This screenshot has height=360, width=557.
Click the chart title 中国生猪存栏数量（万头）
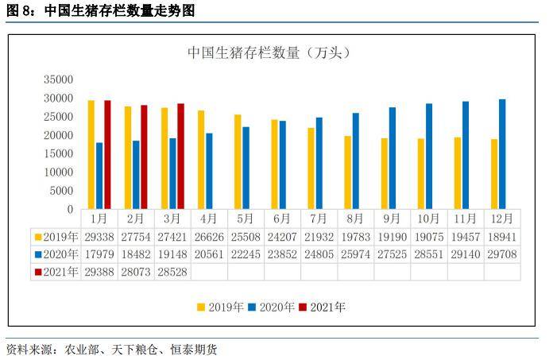tap(269, 53)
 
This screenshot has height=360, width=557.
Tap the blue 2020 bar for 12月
tap(502, 154)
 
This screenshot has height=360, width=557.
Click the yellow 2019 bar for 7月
tap(311, 168)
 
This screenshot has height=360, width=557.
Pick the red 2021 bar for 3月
tap(180, 156)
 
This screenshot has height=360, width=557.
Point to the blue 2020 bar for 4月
tap(209, 171)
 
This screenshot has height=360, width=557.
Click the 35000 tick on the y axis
tap(59, 79)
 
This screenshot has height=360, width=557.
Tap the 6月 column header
tap(281, 218)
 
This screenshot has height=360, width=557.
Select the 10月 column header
tap(428, 218)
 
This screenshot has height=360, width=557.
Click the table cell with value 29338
tap(99, 236)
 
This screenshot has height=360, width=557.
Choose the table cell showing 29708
tap(502, 254)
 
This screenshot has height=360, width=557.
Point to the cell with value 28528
tap(173, 272)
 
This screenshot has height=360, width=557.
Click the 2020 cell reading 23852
tap(281, 254)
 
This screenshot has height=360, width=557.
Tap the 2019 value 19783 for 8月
tap(355, 236)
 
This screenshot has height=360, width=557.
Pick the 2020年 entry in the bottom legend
tap(273, 307)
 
